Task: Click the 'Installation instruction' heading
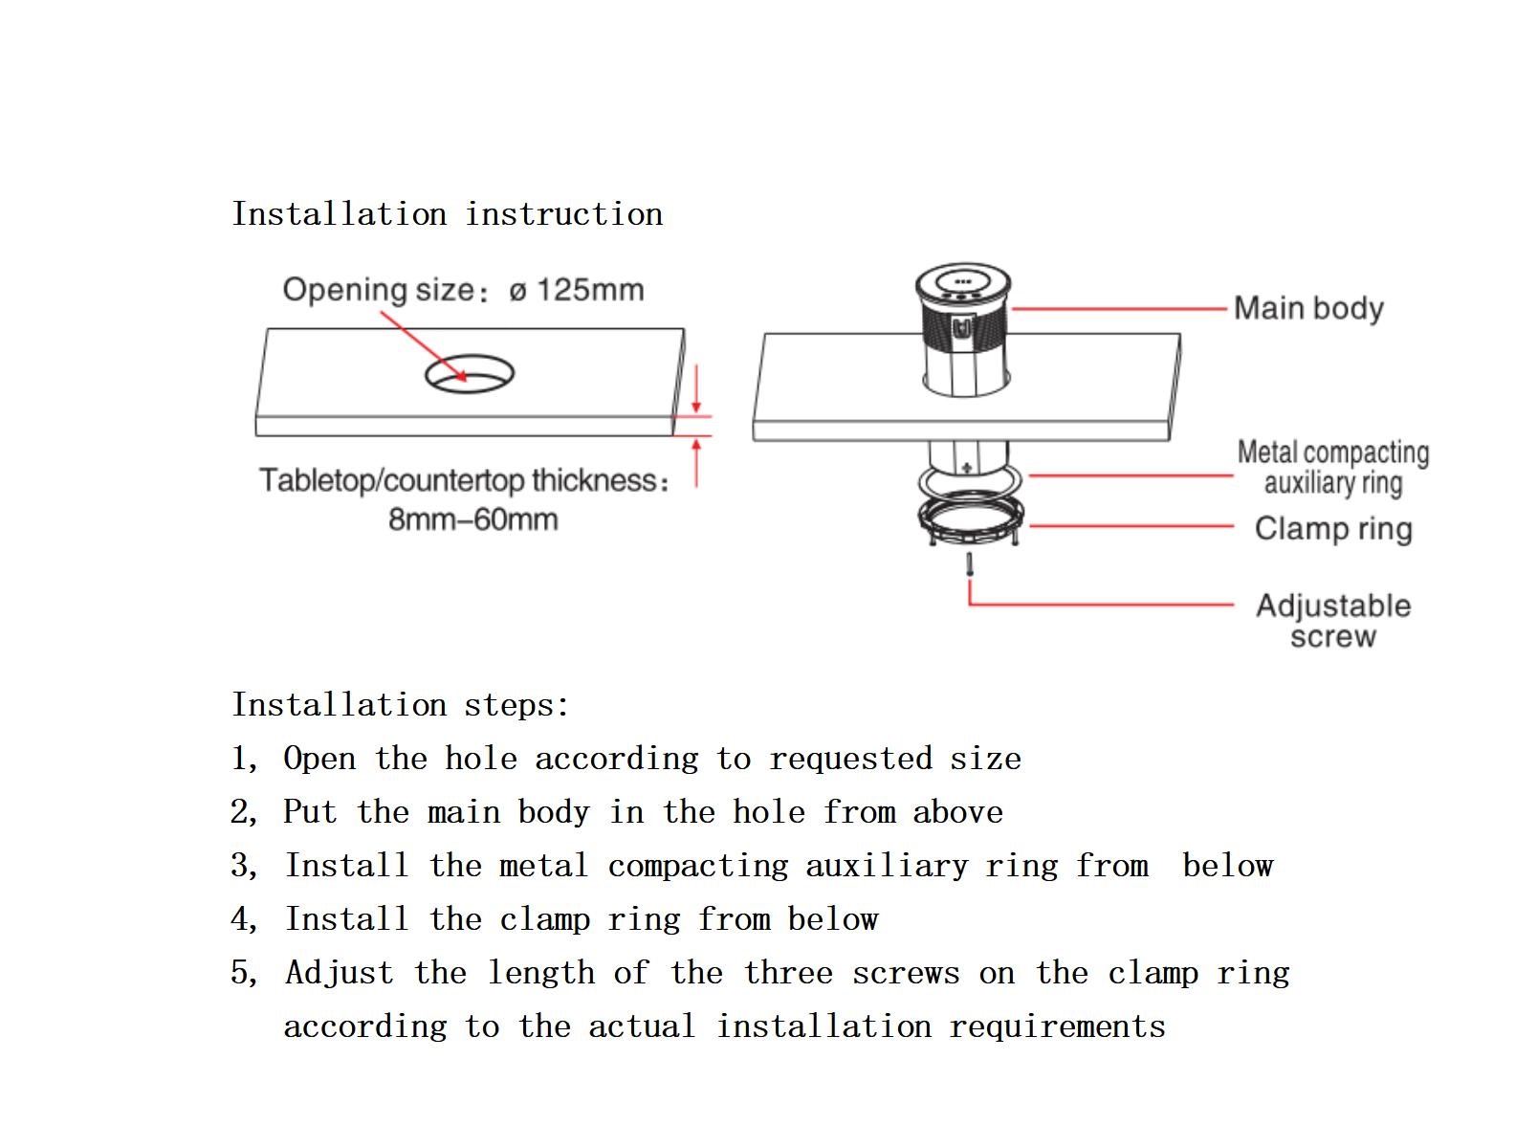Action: point(447,213)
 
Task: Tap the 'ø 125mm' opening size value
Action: point(577,290)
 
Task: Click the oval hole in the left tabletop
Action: point(470,374)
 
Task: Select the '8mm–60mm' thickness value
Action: point(472,519)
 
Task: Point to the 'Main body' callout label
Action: point(1308,308)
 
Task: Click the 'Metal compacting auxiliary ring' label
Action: point(1332,467)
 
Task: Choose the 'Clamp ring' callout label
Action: point(1333,528)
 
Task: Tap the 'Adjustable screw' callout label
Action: point(1332,621)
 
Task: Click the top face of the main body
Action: point(962,282)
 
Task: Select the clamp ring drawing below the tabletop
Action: point(971,520)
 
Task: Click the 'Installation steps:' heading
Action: point(401,705)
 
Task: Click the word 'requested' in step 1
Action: point(850,759)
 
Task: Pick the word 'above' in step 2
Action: point(957,812)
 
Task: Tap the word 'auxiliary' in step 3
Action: point(887,866)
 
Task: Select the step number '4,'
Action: point(245,919)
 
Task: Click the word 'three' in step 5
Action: point(788,973)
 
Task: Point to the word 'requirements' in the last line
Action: point(1057,1026)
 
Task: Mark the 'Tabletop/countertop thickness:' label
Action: point(465,480)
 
